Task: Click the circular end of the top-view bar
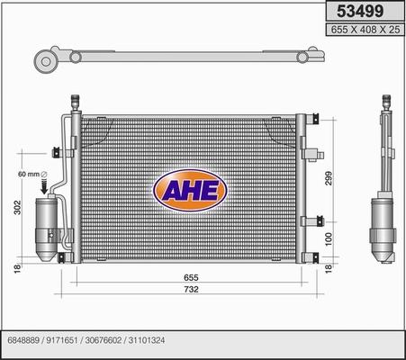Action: pyautogui.click(x=44, y=60)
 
